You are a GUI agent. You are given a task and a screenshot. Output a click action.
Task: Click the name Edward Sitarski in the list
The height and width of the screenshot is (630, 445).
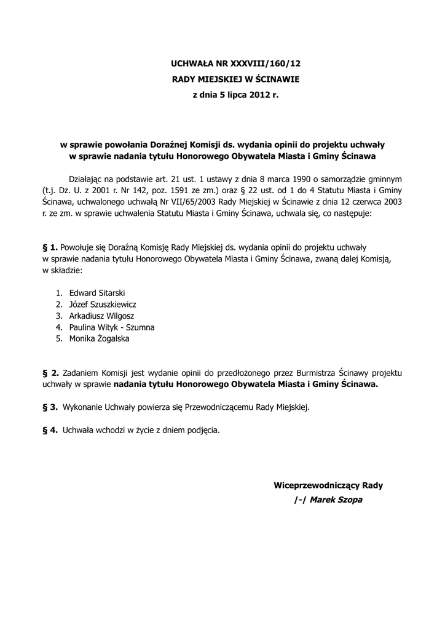pyautogui.click(x=97, y=293)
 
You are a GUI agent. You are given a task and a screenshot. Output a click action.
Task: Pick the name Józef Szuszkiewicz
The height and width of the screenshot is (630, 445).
pyautogui.click(x=103, y=304)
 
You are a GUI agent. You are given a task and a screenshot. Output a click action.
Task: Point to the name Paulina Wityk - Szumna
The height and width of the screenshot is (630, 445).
pyautogui.click(x=112, y=327)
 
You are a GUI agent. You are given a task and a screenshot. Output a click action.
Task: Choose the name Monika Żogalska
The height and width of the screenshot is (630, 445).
pyautogui.click(x=100, y=338)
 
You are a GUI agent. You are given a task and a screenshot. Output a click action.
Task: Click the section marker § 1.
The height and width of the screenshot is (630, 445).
pyautogui.click(x=50, y=247)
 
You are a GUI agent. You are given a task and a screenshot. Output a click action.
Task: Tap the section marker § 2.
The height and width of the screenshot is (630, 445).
pyautogui.click(x=50, y=373)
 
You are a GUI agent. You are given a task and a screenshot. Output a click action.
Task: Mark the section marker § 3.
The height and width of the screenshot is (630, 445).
pyautogui.click(x=50, y=407)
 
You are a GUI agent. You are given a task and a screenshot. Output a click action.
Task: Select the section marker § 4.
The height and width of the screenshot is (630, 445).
pyautogui.click(x=50, y=430)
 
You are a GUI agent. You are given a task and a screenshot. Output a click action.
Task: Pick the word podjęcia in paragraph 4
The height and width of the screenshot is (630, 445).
pyautogui.click(x=203, y=430)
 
